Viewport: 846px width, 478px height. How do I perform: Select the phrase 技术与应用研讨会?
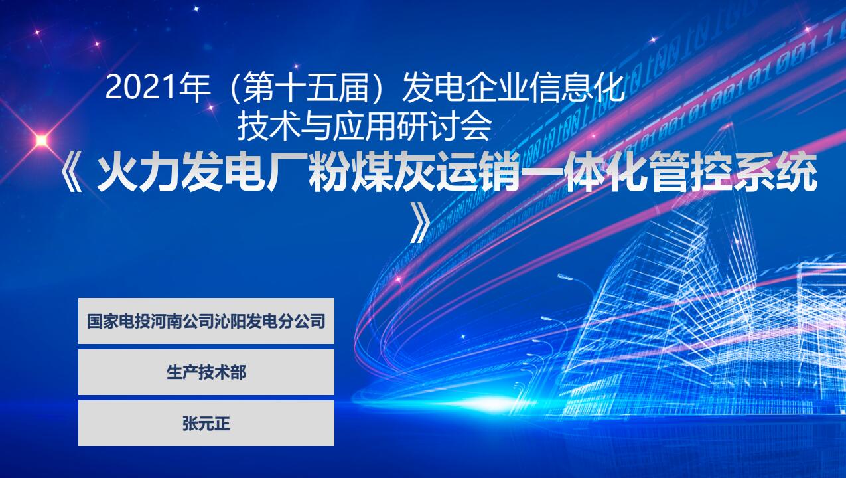pyautogui.click(x=364, y=127)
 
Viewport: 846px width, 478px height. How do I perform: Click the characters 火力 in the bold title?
pyautogui.click(x=138, y=173)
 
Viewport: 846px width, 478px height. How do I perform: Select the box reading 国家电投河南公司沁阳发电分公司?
pyautogui.click(x=206, y=321)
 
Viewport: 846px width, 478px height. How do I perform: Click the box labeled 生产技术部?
pyautogui.click(x=206, y=372)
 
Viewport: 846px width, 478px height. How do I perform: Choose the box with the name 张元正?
pyautogui.click(x=206, y=423)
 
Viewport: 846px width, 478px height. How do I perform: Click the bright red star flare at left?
pyautogui.click(x=41, y=141)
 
